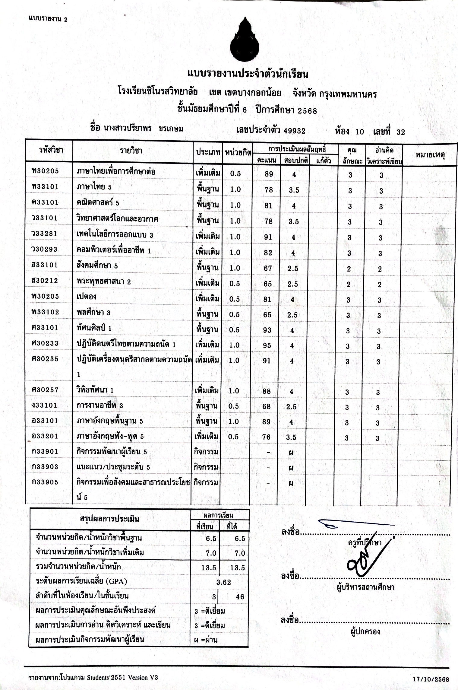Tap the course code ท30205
(x=45, y=171)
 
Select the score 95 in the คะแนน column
(x=267, y=345)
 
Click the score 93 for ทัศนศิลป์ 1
(x=267, y=330)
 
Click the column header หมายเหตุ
(x=430, y=155)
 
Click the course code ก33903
(x=45, y=467)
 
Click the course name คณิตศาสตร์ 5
(x=98, y=202)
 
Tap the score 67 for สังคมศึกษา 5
(x=268, y=268)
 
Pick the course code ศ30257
(x=45, y=390)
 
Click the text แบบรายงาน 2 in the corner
(x=48, y=19)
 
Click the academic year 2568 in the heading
(x=307, y=111)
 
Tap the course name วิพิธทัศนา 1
(x=95, y=390)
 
